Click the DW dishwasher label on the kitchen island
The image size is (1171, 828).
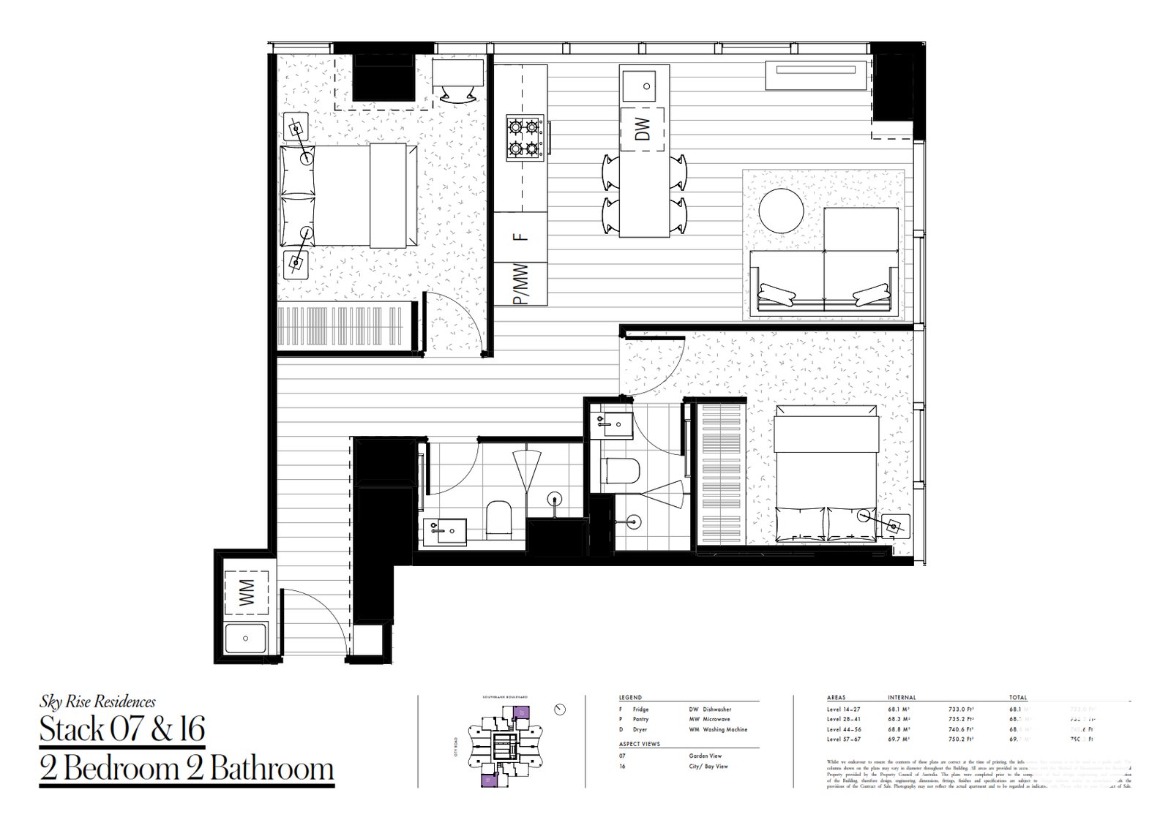click(643, 129)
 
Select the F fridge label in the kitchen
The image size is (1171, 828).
click(520, 237)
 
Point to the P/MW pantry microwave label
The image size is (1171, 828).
click(520, 283)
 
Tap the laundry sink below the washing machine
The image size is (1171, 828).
click(247, 641)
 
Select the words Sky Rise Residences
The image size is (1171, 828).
click(97, 702)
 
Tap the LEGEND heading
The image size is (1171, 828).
click(630, 698)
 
